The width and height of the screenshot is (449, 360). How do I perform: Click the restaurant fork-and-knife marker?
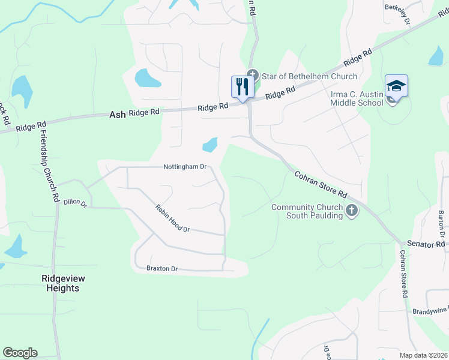pyautogui.click(x=241, y=87)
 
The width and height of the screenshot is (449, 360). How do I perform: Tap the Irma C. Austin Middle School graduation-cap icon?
pyautogui.click(x=396, y=86)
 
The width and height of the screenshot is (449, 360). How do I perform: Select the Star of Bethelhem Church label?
pyautogui.click(x=309, y=76)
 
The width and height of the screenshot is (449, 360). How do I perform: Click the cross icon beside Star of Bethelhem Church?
pyautogui.click(x=253, y=75)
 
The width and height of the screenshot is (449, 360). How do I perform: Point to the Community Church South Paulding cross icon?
pyautogui.click(x=352, y=211)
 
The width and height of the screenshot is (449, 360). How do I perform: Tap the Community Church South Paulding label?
pyautogui.click(x=307, y=211)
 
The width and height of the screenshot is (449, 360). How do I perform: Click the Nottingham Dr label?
pyautogui.click(x=185, y=167)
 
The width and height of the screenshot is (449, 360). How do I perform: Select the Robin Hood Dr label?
pyautogui.click(x=172, y=219)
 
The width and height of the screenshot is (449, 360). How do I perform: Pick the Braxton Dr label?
pyautogui.click(x=162, y=269)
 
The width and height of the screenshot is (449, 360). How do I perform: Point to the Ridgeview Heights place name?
pyautogui.click(x=61, y=283)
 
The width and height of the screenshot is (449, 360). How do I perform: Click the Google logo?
pyautogui.click(x=20, y=353)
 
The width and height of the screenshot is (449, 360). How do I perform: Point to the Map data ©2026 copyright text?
pyautogui.click(x=423, y=355)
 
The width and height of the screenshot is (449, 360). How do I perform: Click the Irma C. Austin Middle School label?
pyautogui.click(x=357, y=98)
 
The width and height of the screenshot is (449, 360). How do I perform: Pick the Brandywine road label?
pyautogui.click(x=430, y=311)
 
